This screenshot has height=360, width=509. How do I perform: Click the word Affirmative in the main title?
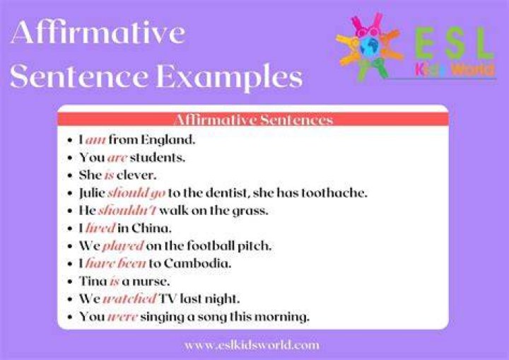point(98,32)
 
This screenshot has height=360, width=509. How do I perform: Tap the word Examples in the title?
point(229,77)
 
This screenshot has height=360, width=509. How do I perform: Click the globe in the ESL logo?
point(370,47)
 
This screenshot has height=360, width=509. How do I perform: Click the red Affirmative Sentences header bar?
point(253,120)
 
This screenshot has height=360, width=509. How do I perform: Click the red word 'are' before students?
point(117,158)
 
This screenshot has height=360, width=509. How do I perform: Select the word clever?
point(136,175)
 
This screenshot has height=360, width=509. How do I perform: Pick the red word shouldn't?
point(127,210)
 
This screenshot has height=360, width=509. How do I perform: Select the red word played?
point(123,246)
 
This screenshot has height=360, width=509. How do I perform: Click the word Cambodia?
point(197,263)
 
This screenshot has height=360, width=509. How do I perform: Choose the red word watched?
point(129,298)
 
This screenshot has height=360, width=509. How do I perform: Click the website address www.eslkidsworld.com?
point(252,345)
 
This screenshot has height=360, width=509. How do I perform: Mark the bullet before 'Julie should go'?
point(70,193)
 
